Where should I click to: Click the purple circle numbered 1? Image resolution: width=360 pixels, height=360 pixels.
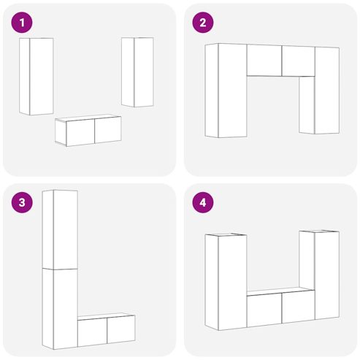click(x=22, y=23)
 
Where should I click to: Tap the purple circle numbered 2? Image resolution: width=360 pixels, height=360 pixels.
click(x=203, y=23)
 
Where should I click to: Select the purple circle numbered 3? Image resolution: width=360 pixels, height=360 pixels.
click(x=22, y=202)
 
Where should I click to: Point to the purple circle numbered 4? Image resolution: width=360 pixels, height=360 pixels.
click(x=203, y=202)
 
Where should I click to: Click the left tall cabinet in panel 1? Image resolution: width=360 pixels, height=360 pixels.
click(x=37, y=77)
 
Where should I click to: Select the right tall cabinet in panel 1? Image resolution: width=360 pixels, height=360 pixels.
click(x=137, y=72)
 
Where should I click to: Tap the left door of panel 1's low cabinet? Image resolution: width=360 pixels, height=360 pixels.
click(x=80, y=132)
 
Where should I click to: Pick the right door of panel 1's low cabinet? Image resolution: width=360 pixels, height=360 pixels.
click(x=108, y=129)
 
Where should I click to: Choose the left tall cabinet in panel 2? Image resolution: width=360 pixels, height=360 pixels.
click(x=226, y=91)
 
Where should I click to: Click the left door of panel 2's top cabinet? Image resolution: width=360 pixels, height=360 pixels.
click(x=264, y=61)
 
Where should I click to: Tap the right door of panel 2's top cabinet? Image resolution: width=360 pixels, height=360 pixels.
click(x=299, y=61)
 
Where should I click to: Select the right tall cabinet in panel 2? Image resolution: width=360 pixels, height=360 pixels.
click(x=319, y=91)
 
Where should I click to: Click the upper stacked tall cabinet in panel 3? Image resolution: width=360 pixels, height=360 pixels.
click(x=60, y=229)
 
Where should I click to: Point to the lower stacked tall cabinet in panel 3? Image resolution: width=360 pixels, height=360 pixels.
click(x=60, y=309)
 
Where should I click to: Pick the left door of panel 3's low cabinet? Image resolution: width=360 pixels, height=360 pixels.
click(x=93, y=332)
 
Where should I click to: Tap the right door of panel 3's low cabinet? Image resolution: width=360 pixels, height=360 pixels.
click(x=121, y=329)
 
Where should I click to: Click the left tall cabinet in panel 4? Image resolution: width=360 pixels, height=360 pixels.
click(x=226, y=282)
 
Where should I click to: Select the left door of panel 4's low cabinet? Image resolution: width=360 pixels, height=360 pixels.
click(x=264, y=310)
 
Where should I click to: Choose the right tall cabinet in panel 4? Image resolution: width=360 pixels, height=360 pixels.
click(x=319, y=275)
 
